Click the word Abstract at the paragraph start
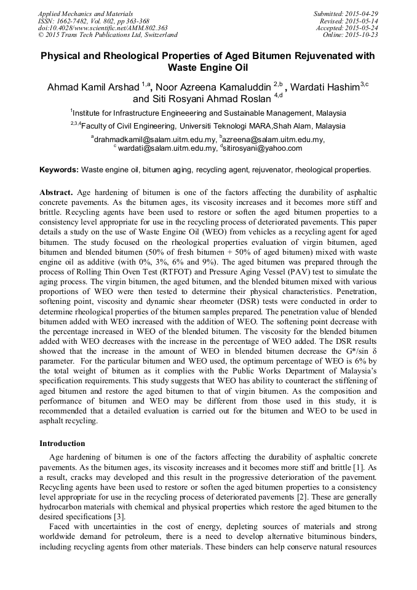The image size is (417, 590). point(56,192)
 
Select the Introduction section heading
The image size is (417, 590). point(62,443)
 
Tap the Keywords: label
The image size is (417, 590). point(59,169)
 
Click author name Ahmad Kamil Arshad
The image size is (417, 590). point(93,87)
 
